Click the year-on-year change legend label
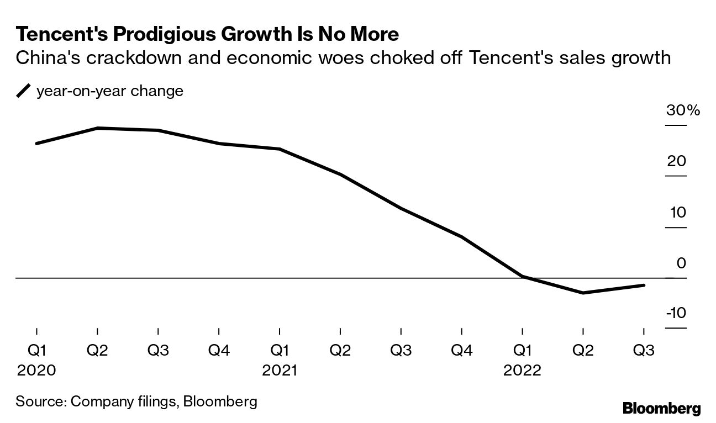click(109, 91)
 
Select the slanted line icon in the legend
click(24, 91)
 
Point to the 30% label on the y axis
click(682, 110)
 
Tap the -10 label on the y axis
click(676, 313)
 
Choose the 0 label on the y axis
click(681, 263)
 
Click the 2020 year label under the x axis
click(36, 370)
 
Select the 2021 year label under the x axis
click(280, 370)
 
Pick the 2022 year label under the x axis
click(522, 370)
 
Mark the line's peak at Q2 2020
click(98, 128)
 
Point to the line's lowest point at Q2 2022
click(583, 293)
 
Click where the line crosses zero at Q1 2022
click(522, 277)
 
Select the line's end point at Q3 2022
click(644, 285)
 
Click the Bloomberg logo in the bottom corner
click(661, 409)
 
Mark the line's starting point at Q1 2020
click(36, 144)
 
